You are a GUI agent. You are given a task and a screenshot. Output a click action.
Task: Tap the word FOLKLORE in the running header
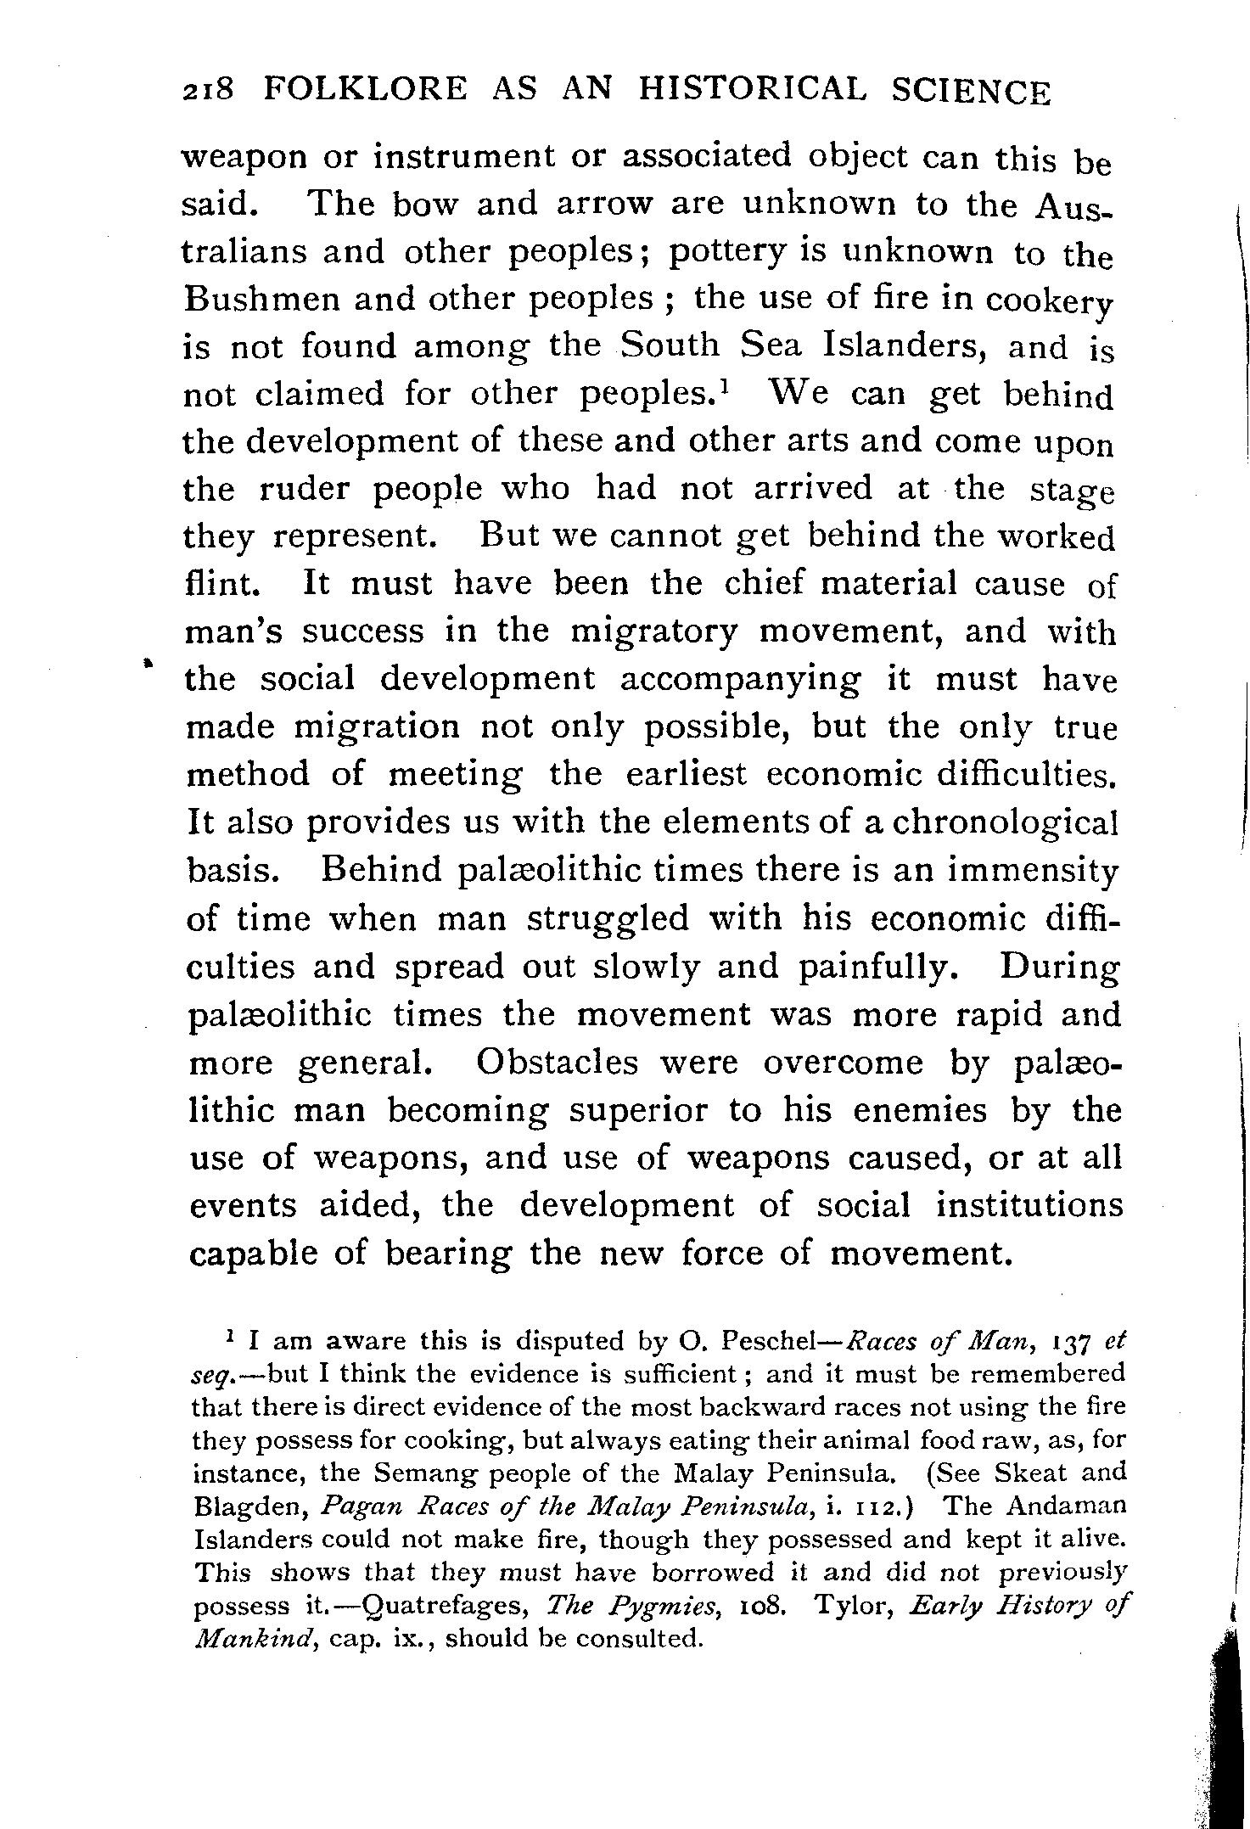tap(365, 90)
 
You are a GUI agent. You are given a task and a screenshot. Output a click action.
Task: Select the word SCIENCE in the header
tap(970, 92)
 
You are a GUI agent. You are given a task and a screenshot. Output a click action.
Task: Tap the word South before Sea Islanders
tap(670, 345)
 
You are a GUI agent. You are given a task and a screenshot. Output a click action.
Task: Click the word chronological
tap(1007, 824)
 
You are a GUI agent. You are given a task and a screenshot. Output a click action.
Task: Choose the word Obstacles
tap(557, 1063)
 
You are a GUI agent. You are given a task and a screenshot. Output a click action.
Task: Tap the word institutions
tap(1029, 1206)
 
